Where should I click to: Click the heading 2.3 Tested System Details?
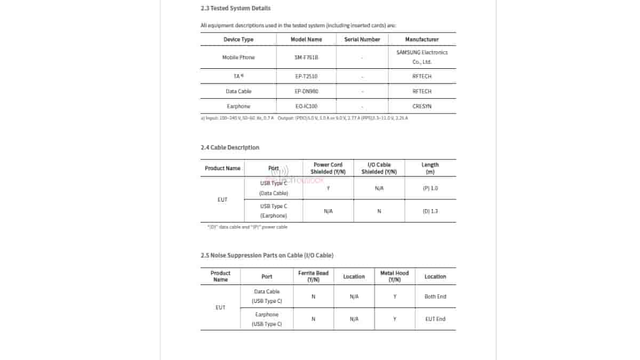tap(235, 8)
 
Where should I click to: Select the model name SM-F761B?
tap(306, 57)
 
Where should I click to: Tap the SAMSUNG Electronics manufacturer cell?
tap(422, 57)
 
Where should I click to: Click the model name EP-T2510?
tap(306, 76)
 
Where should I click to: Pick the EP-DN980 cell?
tap(306, 91)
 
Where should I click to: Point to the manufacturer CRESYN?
tap(422, 106)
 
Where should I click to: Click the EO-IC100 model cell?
tap(306, 106)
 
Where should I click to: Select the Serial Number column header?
tap(362, 39)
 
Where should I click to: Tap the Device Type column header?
tap(238, 39)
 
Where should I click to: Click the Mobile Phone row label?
tap(238, 57)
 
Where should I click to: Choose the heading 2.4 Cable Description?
tap(230, 147)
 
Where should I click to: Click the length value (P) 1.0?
tap(430, 188)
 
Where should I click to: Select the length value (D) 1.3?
tap(430, 211)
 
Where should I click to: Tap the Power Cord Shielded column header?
tap(328, 168)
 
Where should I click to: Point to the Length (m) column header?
tap(430, 168)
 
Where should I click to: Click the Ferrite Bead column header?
tap(313, 276)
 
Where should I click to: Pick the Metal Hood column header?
tap(395, 276)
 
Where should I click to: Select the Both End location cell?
tap(435, 297)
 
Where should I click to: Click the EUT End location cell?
tap(435, 319)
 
